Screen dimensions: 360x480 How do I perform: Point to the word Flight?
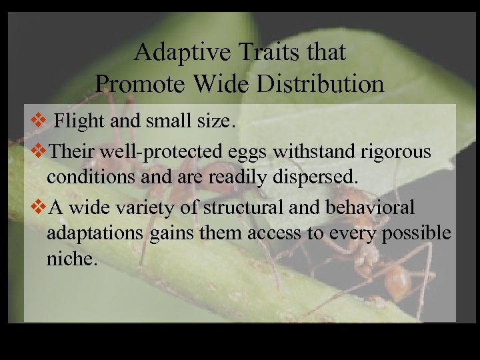pyautogui.click(x=76, y=122)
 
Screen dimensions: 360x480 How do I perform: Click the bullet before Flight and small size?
pyautogui.click(x=38, y=123)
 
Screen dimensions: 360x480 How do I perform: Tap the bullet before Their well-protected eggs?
pyautogui.click(x=38, y=151)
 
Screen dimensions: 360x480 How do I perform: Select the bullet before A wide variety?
pyautogui.click(x=38, y=207)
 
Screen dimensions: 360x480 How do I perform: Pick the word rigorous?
pyautogui.click(x=401, y=151)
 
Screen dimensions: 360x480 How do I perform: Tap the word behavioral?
pyautogui.click(x=370, y=207)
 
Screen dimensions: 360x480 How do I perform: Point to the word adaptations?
pyautogui.click(x=95, y=233)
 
